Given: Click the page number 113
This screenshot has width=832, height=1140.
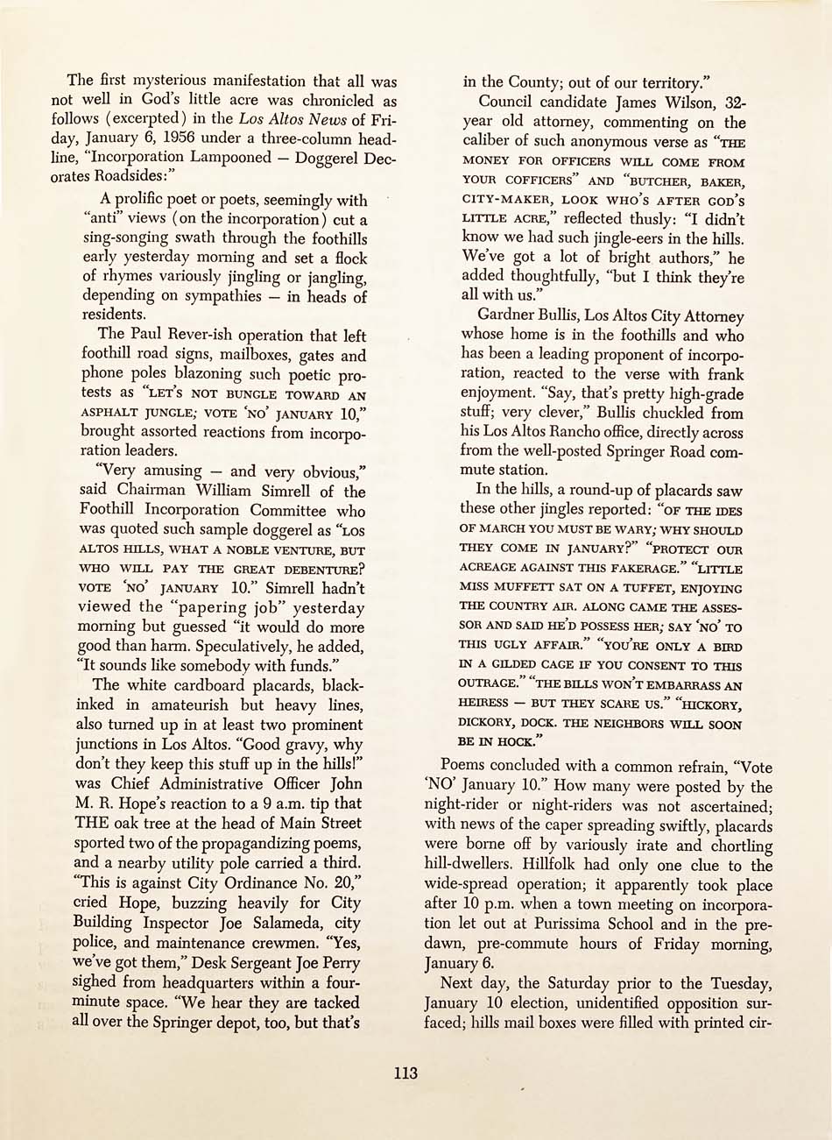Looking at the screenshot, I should tap(405, 1073).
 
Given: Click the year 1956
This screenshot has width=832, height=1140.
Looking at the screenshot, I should tap(180, 138).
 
